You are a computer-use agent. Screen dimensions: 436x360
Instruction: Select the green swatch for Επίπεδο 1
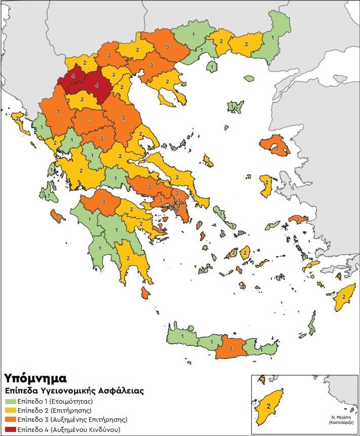[10, 401]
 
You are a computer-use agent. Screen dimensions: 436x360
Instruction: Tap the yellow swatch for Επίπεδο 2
[10, 410]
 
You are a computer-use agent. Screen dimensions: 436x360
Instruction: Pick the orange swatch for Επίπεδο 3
[10, 420]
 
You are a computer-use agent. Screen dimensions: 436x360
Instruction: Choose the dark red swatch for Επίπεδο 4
[10, 429]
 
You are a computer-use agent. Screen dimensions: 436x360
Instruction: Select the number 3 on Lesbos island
[276, 149]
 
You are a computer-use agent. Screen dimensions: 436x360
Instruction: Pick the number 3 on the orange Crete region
[230, 349]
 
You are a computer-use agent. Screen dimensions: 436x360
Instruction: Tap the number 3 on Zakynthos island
[57, 217]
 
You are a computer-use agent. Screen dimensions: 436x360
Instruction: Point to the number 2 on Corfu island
[19, 118]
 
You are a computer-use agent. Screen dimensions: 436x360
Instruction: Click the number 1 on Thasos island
[213, 66]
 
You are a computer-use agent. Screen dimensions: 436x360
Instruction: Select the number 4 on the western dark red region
[74, 75]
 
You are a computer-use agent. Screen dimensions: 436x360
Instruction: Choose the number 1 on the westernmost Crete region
[182, 336]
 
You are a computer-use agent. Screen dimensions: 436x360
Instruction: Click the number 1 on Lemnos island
[233, 107]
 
